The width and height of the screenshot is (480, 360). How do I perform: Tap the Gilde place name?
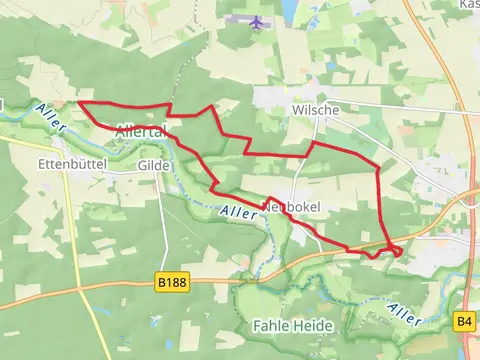154,165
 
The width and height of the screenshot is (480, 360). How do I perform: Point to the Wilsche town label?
287,110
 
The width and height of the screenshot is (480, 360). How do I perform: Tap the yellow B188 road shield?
172,284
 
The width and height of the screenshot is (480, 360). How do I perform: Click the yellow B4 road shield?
464,321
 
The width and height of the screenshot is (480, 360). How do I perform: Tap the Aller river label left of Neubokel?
238,212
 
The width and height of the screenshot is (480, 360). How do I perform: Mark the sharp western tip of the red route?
79,103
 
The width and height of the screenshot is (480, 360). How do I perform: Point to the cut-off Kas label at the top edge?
468,4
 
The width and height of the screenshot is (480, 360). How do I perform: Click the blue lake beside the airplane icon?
288,10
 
